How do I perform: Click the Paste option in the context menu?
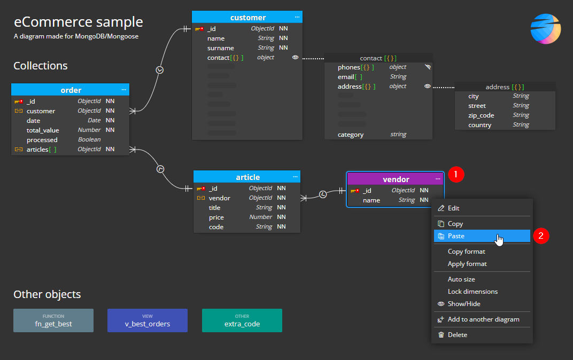coord(456,236)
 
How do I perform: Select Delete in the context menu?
coord(457,335)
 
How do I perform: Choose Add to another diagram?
coord(483,319)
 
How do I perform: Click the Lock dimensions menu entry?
coord(473,292)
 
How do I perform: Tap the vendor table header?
coord(396,179)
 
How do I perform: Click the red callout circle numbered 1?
coord(455,174)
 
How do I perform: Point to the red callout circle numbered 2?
coord(541,236)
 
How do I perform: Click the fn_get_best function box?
coord(53,320)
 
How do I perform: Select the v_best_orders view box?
coord(148,320)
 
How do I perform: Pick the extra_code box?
coord(242,320)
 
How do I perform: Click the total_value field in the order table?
coord(43,130)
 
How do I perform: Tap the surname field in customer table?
coord(221,48)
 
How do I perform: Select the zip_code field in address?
coord(481,115)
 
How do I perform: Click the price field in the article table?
coord(216,217)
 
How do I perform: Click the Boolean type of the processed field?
coord(89,140)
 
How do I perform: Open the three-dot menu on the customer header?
coord(297,18)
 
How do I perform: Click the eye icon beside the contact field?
coord(295,58)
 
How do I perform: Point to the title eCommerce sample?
coord(79,22)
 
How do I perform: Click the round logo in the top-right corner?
coord(545,29)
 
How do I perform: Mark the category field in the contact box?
coord(351,135)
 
